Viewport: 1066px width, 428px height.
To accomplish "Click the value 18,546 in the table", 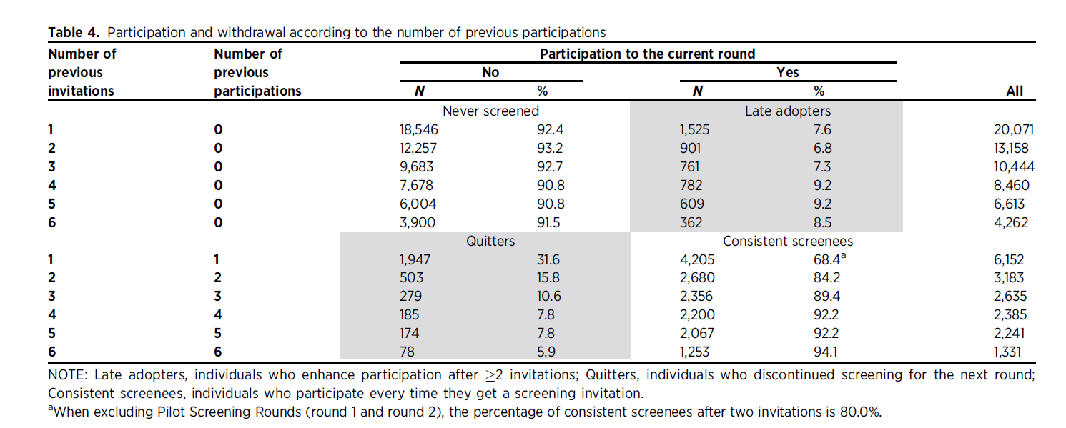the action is pos(418,130).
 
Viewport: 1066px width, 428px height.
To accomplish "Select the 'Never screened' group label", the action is pos(490,111).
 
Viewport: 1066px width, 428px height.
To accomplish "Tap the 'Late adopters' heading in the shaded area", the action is pos(788,111).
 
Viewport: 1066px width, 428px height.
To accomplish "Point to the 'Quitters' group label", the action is pos(490,241).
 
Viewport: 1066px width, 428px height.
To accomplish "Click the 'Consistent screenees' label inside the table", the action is pos(788,241).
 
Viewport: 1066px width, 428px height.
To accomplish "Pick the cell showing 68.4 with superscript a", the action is pos(829,259).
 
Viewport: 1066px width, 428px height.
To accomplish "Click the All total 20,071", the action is pos(1013,130).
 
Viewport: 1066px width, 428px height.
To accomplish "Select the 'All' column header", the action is pos(1014,91).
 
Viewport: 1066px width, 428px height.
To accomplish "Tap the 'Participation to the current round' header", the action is pos(647,54).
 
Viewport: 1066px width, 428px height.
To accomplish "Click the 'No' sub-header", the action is pos(490,72).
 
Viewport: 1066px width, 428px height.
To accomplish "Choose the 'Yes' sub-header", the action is pos(788,72).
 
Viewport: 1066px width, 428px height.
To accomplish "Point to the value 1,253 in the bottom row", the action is pos(694,352).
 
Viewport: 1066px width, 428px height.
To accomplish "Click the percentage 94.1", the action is pos(825,352).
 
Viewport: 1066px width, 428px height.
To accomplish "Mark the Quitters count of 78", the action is pos(407,352).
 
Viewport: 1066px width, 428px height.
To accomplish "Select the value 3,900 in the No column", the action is pos(417,222).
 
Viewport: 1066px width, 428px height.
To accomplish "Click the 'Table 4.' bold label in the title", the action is pos(74,32).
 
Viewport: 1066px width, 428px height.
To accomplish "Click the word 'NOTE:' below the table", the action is pos(68,374).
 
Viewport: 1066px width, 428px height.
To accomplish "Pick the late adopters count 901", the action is pos(690,149).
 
